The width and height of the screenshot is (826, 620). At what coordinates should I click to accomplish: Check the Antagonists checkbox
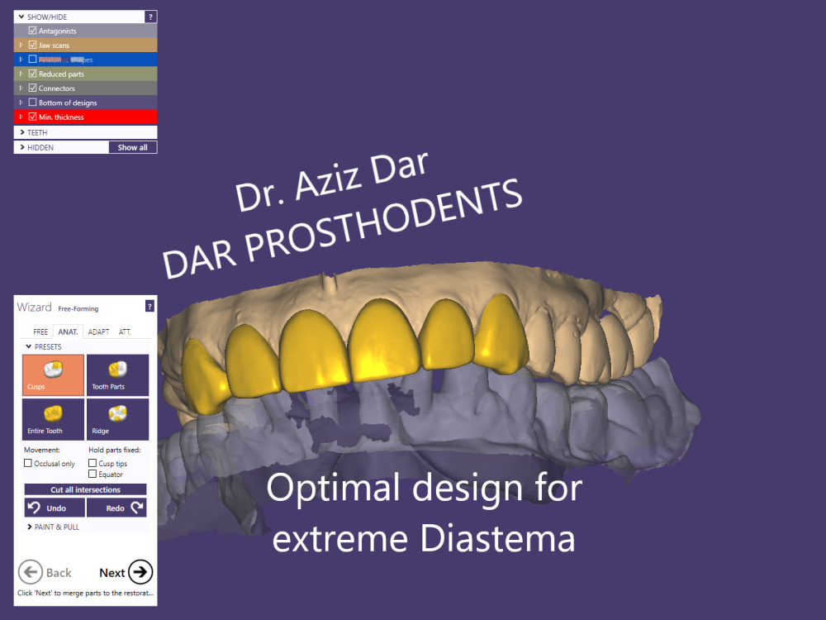(32, 31)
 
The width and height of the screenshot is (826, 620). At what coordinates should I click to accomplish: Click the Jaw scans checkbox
(32, 45)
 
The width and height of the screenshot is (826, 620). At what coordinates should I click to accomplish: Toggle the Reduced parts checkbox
(32, 74)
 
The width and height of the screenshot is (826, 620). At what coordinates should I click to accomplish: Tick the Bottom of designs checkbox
(32, 103)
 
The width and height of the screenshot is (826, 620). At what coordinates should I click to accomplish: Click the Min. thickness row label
(61, 117)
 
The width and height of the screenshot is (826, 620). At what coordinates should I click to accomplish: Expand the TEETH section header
(37, 132)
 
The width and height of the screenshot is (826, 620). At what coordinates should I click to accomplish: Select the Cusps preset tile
(54, 375)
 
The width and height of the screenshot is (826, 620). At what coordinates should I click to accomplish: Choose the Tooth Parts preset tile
(117, 375)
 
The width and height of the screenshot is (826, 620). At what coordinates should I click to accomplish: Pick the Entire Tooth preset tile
(54, 419)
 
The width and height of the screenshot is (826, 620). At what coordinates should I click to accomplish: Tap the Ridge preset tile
(117, 419)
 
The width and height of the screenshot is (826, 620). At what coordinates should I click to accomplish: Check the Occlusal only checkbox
(29, 464)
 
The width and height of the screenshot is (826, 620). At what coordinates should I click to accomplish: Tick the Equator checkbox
(93, 475)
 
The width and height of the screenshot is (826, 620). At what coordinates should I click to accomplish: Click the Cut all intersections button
(85, 489)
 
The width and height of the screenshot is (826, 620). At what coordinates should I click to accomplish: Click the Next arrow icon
(141, 572)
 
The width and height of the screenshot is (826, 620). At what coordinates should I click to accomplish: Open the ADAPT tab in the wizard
(99, 331)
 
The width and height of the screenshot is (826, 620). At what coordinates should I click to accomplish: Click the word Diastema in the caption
(497, 539)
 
